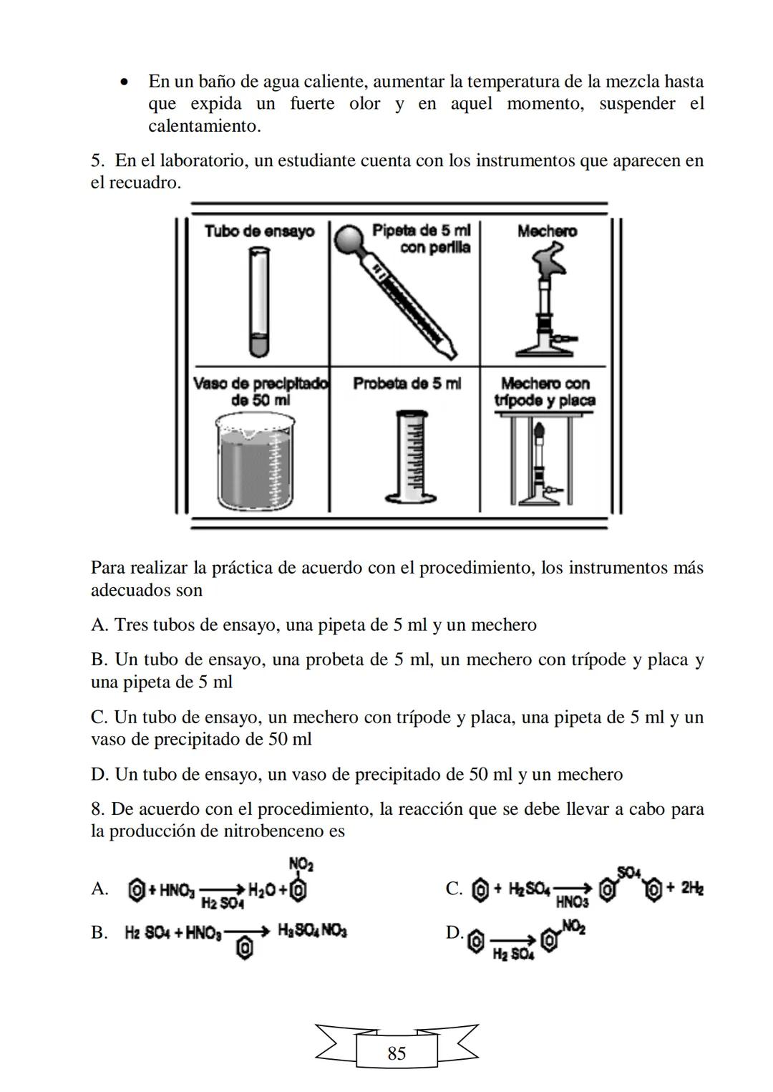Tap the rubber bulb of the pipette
[x=349, y=237]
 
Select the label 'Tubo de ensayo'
[x=259, y=231]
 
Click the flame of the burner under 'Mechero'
[x=550, y=258]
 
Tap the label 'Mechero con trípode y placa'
[x=545, y=392]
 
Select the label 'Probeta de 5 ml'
[x=407, y=384]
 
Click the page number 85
[x=397, y=1053]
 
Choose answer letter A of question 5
[x=99, y=625]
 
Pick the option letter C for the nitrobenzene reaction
[x=454, y=889]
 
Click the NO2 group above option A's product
[x=301, y=864]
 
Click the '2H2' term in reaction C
[x=691, y=888]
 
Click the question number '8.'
[x=99, y=809]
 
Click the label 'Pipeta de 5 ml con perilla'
[x=421, y=238]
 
